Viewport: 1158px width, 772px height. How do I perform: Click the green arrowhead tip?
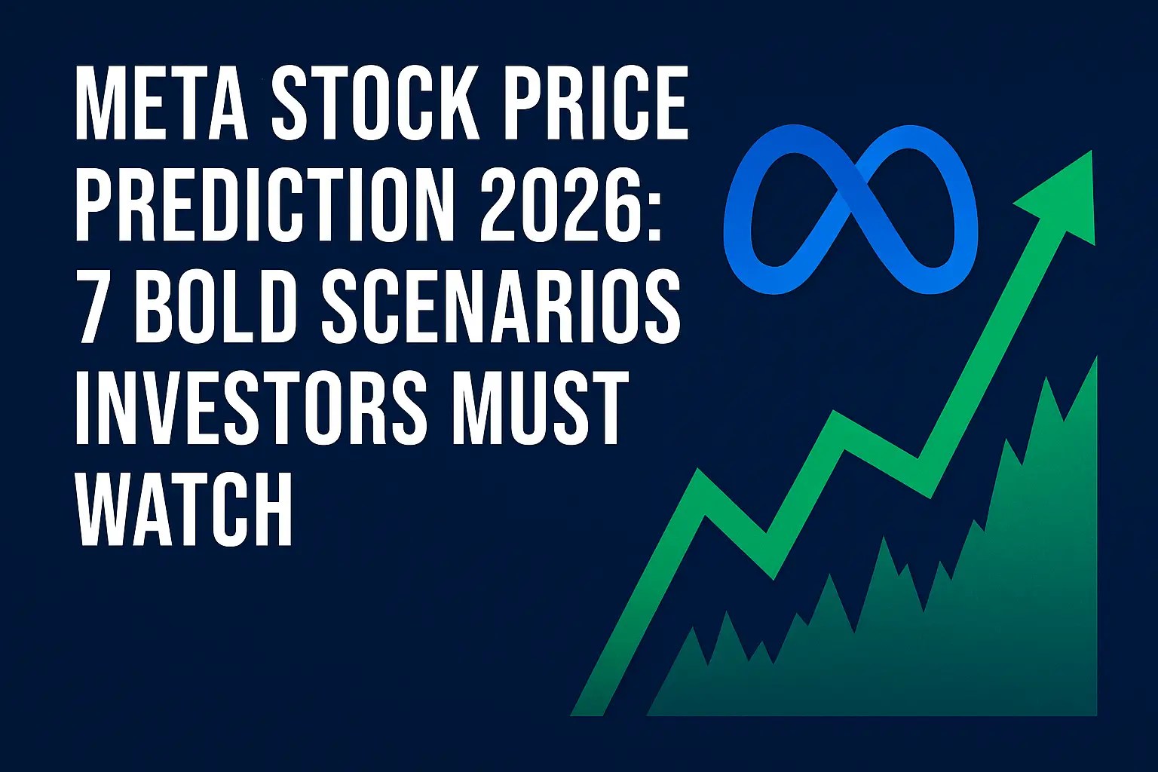[1091, 152]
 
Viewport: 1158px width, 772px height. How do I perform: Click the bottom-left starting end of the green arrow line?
[587, 715]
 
